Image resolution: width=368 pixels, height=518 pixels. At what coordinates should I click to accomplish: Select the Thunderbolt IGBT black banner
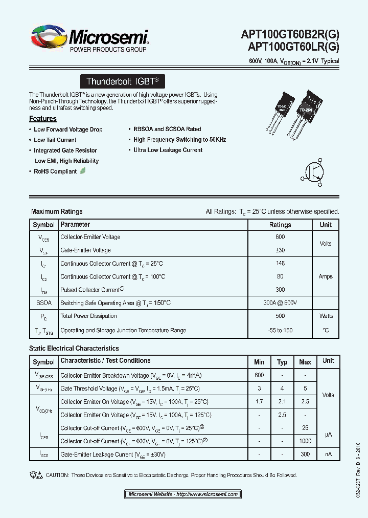coord(123,81)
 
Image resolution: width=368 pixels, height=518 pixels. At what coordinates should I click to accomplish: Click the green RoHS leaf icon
coord(83,171)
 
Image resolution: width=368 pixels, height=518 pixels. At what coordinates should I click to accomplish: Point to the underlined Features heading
coord(43,119)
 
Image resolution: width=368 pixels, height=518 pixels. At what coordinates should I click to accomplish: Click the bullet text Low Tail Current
coord(55,140)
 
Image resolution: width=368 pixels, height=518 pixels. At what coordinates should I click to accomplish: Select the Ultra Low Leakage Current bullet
coord(168,150)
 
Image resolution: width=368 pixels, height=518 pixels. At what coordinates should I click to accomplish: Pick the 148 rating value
coord(280,264)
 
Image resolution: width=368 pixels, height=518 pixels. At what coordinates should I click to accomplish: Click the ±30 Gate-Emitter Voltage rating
coord(280,250)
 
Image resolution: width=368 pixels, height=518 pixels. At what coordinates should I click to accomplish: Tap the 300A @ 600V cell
coord(280,303)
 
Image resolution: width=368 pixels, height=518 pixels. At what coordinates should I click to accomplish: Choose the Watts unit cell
coord(326,316)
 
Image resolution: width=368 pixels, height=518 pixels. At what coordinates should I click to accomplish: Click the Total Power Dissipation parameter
coord(88,316)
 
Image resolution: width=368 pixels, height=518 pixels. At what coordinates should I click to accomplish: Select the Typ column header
coord(282,362)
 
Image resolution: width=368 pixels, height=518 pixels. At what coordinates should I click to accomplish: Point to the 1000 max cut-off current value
coord(305,441)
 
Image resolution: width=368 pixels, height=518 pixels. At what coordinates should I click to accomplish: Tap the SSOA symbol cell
coord(43,303)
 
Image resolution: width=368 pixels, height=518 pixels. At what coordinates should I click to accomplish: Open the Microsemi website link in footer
coord(182,494)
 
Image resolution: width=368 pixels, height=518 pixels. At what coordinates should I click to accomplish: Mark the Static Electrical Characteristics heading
coord(66,349)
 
